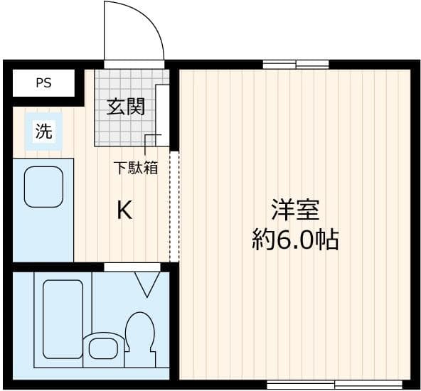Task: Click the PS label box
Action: coord(43,82)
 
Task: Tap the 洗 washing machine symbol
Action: coord(44,131)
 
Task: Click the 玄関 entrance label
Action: coord(126,107)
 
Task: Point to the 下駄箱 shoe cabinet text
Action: coord(135,168)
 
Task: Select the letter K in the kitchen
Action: coord(124,210)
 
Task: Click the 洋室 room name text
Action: coord(295,210)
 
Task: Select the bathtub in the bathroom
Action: coord(63,318)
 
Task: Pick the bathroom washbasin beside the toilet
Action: coord(102,348)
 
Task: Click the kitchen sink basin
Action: coord(44,187)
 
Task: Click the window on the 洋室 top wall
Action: coord(295,65)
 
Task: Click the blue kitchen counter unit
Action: coord(43,210)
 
